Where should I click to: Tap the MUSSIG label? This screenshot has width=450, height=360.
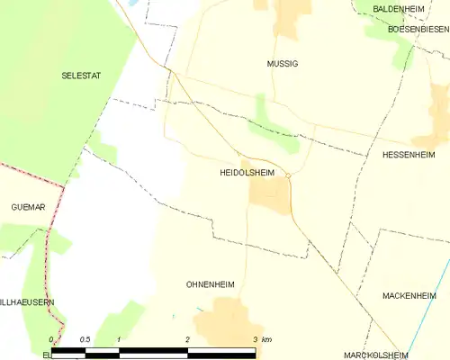point(282,64)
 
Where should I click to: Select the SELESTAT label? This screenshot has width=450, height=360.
point(79,76)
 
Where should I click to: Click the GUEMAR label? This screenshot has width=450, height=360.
point(28,207)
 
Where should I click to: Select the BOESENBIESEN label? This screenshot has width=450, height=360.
point(418,30)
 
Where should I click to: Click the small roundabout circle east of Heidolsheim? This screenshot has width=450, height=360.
point(288,175)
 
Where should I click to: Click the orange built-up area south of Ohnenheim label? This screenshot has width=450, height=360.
point(225,324)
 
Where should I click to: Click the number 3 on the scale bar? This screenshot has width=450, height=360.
point(256,339)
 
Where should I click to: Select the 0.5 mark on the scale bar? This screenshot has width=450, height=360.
point(85,339)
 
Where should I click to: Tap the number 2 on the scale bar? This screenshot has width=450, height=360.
point(187,339)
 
